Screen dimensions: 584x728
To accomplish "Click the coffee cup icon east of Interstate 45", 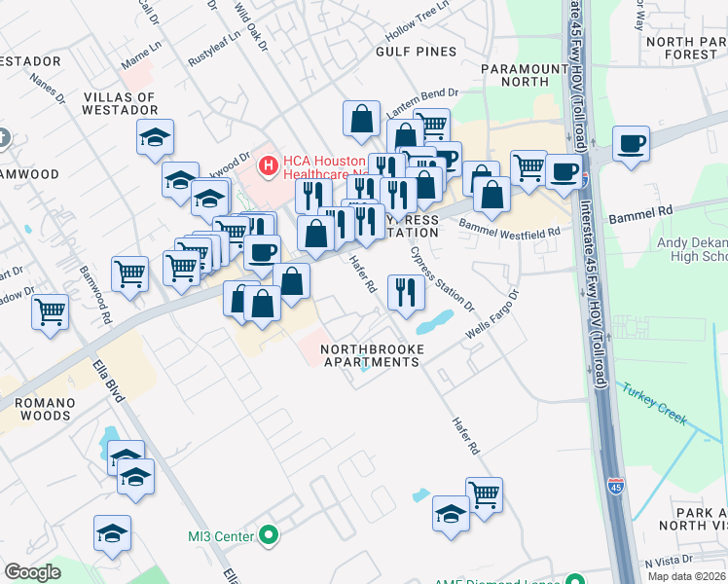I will (631, 143).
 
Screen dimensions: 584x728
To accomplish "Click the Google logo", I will (32, 572).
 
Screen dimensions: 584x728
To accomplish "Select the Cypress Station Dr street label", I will (443, 278).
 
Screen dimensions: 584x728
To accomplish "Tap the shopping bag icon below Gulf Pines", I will (361, 119).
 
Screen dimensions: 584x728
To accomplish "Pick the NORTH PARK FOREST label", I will (682, 48).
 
